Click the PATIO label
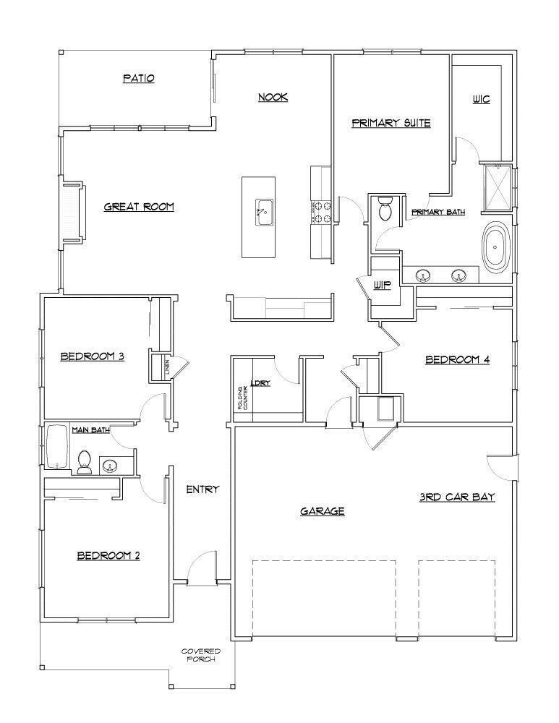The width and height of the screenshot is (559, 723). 138,78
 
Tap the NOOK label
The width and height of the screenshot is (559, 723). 273,97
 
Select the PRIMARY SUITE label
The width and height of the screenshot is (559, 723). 391,123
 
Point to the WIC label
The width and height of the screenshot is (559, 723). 481,98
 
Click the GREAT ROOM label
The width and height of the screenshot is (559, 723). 139,207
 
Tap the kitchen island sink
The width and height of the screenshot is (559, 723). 263,212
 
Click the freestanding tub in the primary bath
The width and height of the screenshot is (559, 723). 496,248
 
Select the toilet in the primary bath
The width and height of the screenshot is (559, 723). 385,209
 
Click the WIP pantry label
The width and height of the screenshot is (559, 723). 382,285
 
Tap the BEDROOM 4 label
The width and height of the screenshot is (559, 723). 457,359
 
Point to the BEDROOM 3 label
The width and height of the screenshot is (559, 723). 93,356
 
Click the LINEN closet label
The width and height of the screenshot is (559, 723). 166,367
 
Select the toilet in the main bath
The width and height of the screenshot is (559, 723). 85,462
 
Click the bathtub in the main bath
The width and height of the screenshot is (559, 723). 57,449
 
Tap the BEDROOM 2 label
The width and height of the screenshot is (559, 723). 108,555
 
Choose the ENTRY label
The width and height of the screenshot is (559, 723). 202,489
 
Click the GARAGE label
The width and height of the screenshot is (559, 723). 322,511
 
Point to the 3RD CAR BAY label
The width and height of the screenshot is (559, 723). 456,497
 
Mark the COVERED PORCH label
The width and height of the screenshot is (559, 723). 200,655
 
